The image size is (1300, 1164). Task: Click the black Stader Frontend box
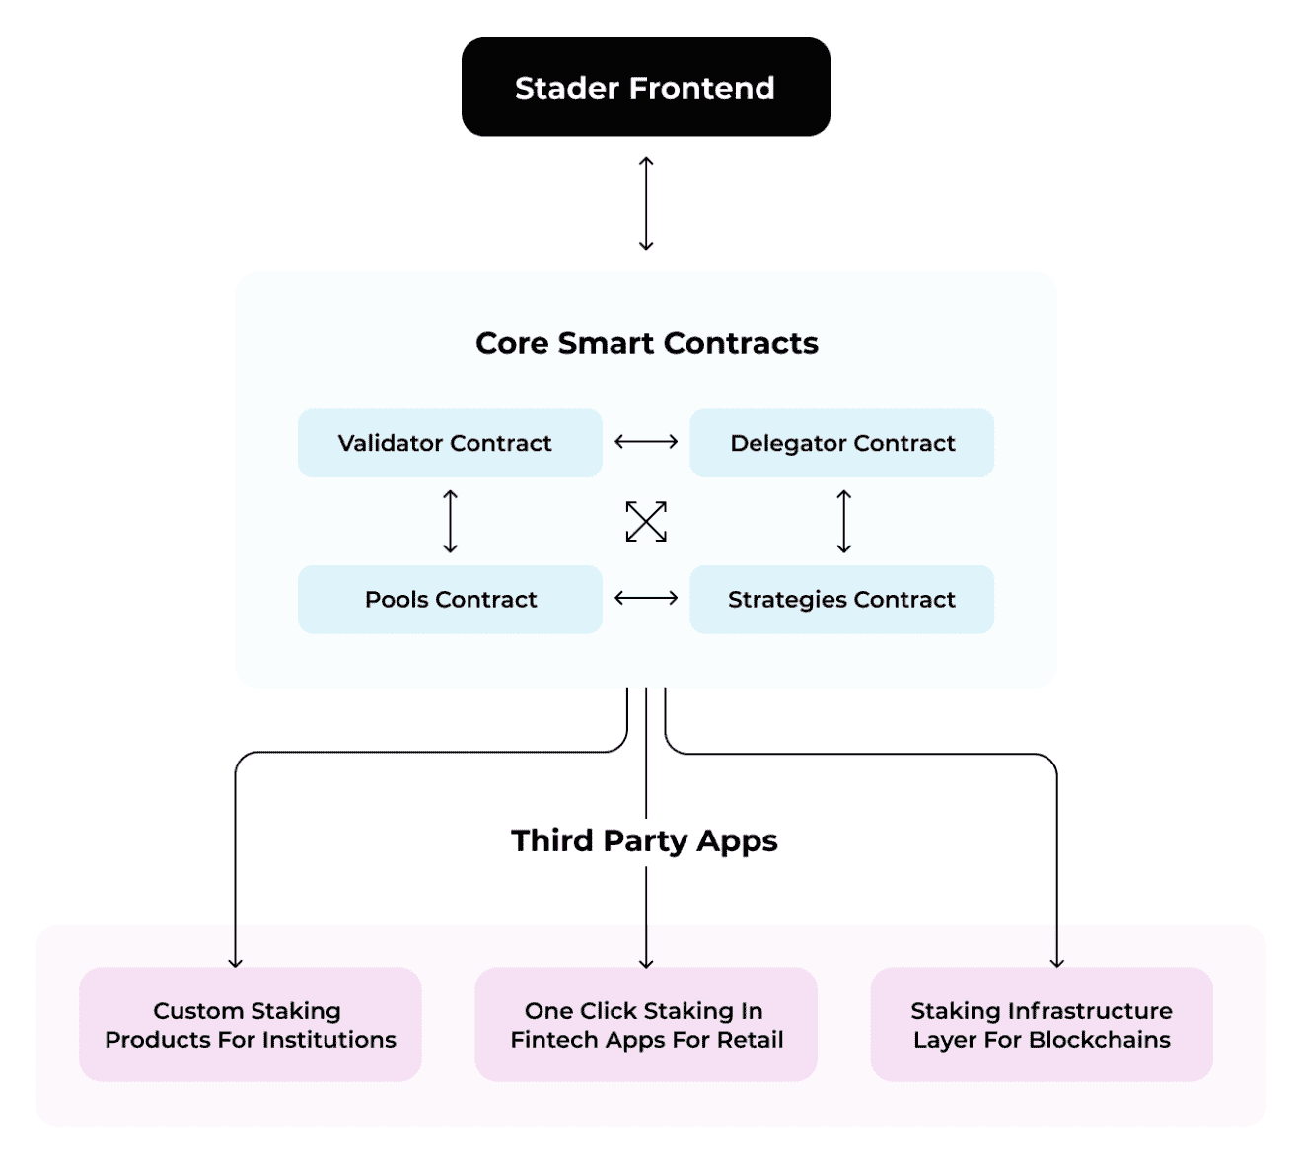pyautogui.click(x=645, y=87)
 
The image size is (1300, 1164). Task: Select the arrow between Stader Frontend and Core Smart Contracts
pyautogui.click(x=646, y=203)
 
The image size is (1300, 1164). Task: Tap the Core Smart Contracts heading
pyautogui.click(x=646, y=343)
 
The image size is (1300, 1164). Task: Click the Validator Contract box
pyautogui.click(x=450, y=443)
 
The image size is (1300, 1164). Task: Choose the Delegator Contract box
pyautogui.click(x=841, y=443)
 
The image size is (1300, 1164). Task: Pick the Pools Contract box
pyautogui.click(x=450, y=599)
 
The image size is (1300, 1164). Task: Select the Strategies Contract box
pyautogui.click(x=841, y=599)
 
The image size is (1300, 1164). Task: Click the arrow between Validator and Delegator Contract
pyautogui.click(x=646, y=442)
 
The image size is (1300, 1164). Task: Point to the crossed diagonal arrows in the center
pyautogui.click(x=646, y=521)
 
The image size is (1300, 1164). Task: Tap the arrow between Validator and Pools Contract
pyautogui.click(x=451, y=521)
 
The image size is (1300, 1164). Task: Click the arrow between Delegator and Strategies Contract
pyautogui.click(x=843, y=521)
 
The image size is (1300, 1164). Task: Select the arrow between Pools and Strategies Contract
pyautogui.click(x=646, y=598)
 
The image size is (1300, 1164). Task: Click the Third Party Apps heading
pyautogui.click(x=644, y=840)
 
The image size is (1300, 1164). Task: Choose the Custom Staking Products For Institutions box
pyautogui.click(x=251, y=1024)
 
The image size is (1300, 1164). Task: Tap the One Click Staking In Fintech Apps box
pyautogui.click(x=646, y=1024)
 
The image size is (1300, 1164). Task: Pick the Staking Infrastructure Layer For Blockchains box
pyautogui.click(x=1042, y=1024)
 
